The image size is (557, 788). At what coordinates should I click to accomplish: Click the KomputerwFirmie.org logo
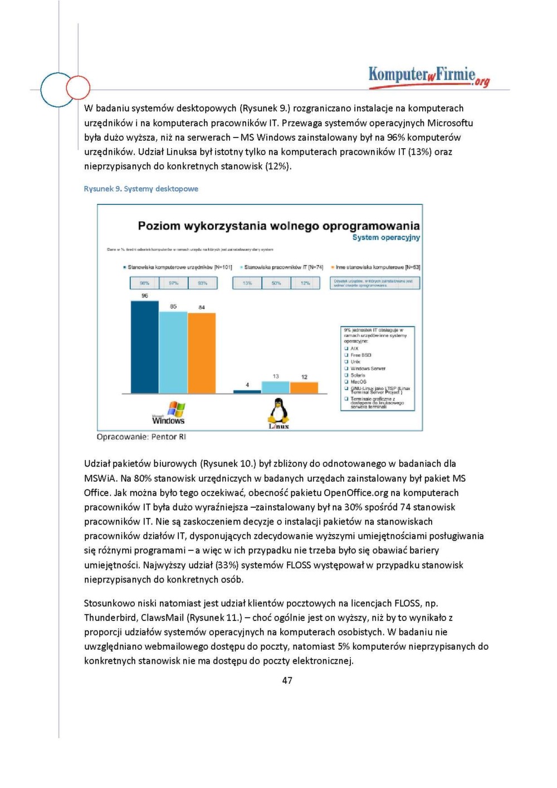tap(429, 76)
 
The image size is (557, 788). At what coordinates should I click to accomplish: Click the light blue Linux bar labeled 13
tap(276, 387)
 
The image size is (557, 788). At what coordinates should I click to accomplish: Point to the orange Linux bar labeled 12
tap(304, 388)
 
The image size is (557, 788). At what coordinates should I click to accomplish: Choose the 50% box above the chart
tap(276, 283)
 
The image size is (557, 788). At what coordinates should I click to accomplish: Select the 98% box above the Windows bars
tap(145, 283)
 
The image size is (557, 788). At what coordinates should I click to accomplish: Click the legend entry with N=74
tap(283, 267)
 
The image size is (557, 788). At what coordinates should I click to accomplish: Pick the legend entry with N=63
tap(377, 267)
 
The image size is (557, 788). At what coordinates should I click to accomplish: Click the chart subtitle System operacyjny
tap(386, 238)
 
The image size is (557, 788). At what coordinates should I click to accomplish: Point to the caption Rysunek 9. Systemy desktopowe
tap(141, 189)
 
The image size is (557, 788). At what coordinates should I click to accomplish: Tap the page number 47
tap(287, 681)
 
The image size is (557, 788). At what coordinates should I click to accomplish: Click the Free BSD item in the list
tap(360, 355)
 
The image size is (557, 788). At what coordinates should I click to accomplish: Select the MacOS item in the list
tap(358, 381)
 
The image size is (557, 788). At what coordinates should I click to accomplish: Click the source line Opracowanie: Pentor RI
tap(141, 437)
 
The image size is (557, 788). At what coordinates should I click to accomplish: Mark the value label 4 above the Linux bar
tap(247, 385)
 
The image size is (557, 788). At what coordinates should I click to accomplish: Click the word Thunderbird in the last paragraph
tap(110, 618)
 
